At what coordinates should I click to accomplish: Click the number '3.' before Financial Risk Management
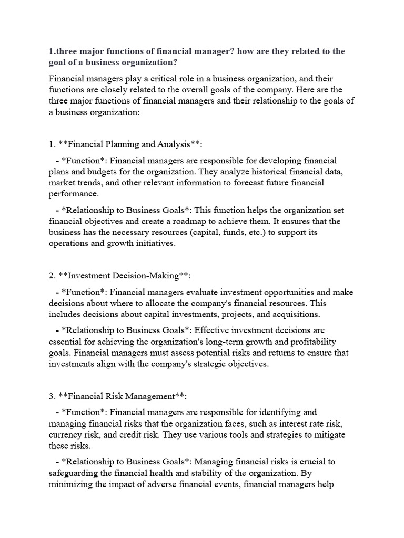tap(53, 396)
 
